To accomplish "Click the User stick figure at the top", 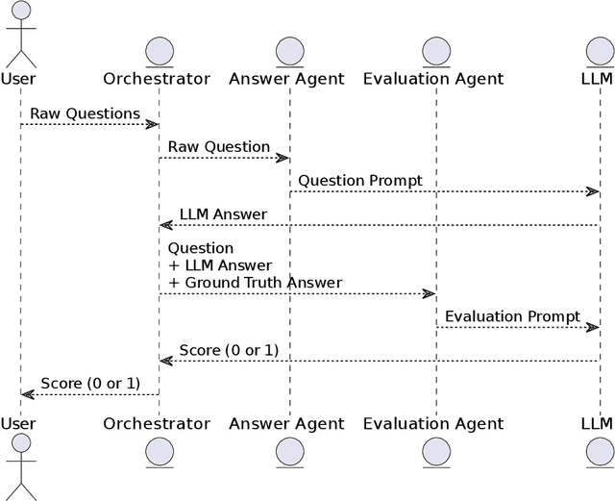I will click(19, 37).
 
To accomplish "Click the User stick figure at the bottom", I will click(19, 466).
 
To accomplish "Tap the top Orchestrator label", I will click(157, 79).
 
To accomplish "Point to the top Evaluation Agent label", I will click(433, 79).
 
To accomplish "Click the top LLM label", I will click(597, 79).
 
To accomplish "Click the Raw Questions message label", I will click(85, 113).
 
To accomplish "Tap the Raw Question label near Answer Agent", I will click(219, 147).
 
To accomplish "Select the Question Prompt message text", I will click(359, 181).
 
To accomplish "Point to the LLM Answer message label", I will click(223, 213).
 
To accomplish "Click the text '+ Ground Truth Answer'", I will click(256, 283).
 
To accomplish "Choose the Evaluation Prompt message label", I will click(512, 316).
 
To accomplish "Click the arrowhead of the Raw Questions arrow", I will click(152, 124).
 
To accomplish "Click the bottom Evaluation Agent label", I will click(433, 423).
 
